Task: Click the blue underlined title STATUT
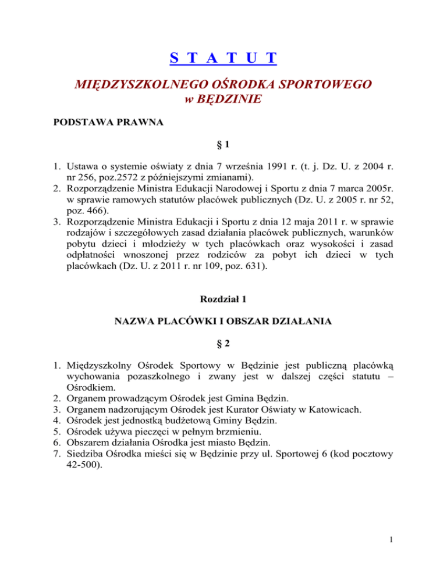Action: (223, 59)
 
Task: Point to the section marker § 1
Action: (223, 150)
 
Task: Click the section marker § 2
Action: (223, 344)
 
